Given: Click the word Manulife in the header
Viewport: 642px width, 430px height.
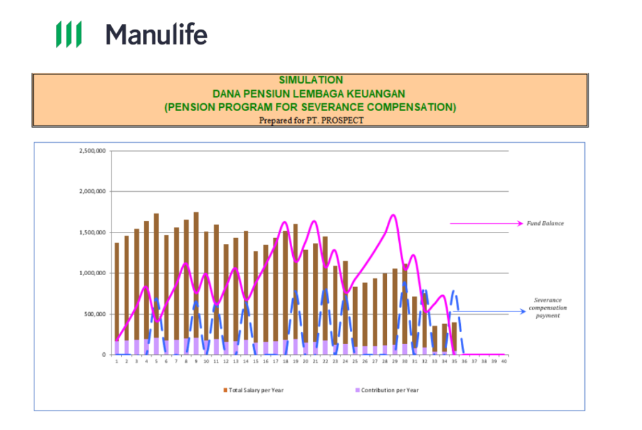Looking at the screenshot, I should tap(156, 34).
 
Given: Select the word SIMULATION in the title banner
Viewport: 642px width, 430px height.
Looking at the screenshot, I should tap(310, 80).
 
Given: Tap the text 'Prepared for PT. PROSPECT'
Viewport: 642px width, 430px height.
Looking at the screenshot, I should tap(310, 120).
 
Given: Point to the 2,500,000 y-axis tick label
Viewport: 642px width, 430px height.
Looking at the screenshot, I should tap(92, 151).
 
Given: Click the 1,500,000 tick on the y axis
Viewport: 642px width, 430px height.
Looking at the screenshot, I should tap(92, 233).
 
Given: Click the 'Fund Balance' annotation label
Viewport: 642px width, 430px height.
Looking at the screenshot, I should tap(545, 223).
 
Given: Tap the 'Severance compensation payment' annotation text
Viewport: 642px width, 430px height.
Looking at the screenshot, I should tap(547, 308).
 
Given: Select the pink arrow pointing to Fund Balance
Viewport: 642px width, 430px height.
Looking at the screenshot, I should tap(486, 223).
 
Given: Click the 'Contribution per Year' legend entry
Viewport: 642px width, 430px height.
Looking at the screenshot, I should tap(387, 390).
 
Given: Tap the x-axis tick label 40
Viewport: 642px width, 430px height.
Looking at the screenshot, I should tap(503, 361).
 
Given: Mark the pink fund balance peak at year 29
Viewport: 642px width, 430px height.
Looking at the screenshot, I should tap(393, 216).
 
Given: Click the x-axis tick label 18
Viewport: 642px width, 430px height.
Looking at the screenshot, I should tap(285, 361).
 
